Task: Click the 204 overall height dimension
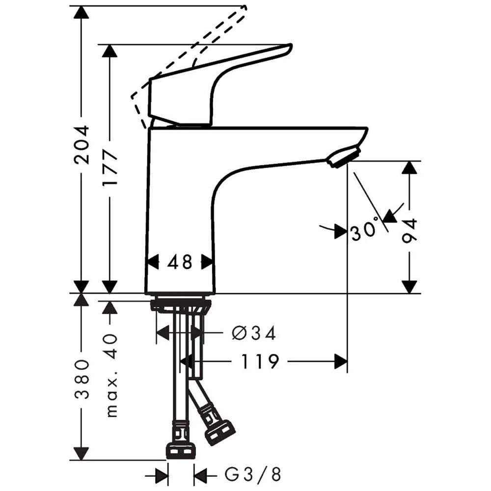click(80, 145)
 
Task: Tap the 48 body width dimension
click(180, 262)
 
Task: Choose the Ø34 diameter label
click(253, 333)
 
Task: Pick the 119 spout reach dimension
click(260, 362)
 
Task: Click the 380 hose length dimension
click(80, 379)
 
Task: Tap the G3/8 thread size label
click(253, 474)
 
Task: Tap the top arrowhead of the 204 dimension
click(80, 13)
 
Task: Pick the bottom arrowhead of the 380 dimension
click(80, 454)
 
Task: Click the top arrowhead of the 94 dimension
click(409, 167)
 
